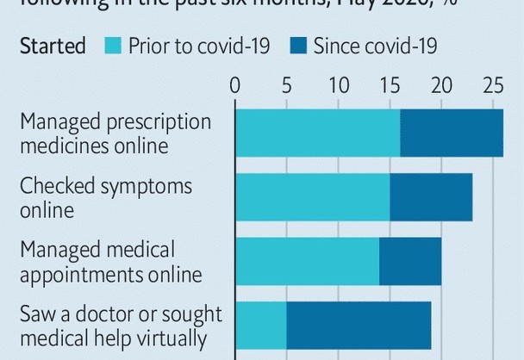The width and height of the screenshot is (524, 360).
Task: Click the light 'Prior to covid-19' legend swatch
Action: coord(116,46)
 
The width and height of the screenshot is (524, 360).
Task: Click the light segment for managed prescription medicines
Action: coord(317,133)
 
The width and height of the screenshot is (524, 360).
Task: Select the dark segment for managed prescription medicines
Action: coord(452,133)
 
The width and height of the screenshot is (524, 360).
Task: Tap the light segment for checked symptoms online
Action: coord(312,197)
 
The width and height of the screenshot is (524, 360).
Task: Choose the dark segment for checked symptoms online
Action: coord(431,197)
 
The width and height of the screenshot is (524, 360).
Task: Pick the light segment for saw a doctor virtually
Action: coord(260,326)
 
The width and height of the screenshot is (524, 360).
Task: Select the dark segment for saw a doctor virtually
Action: coord(359,326)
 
